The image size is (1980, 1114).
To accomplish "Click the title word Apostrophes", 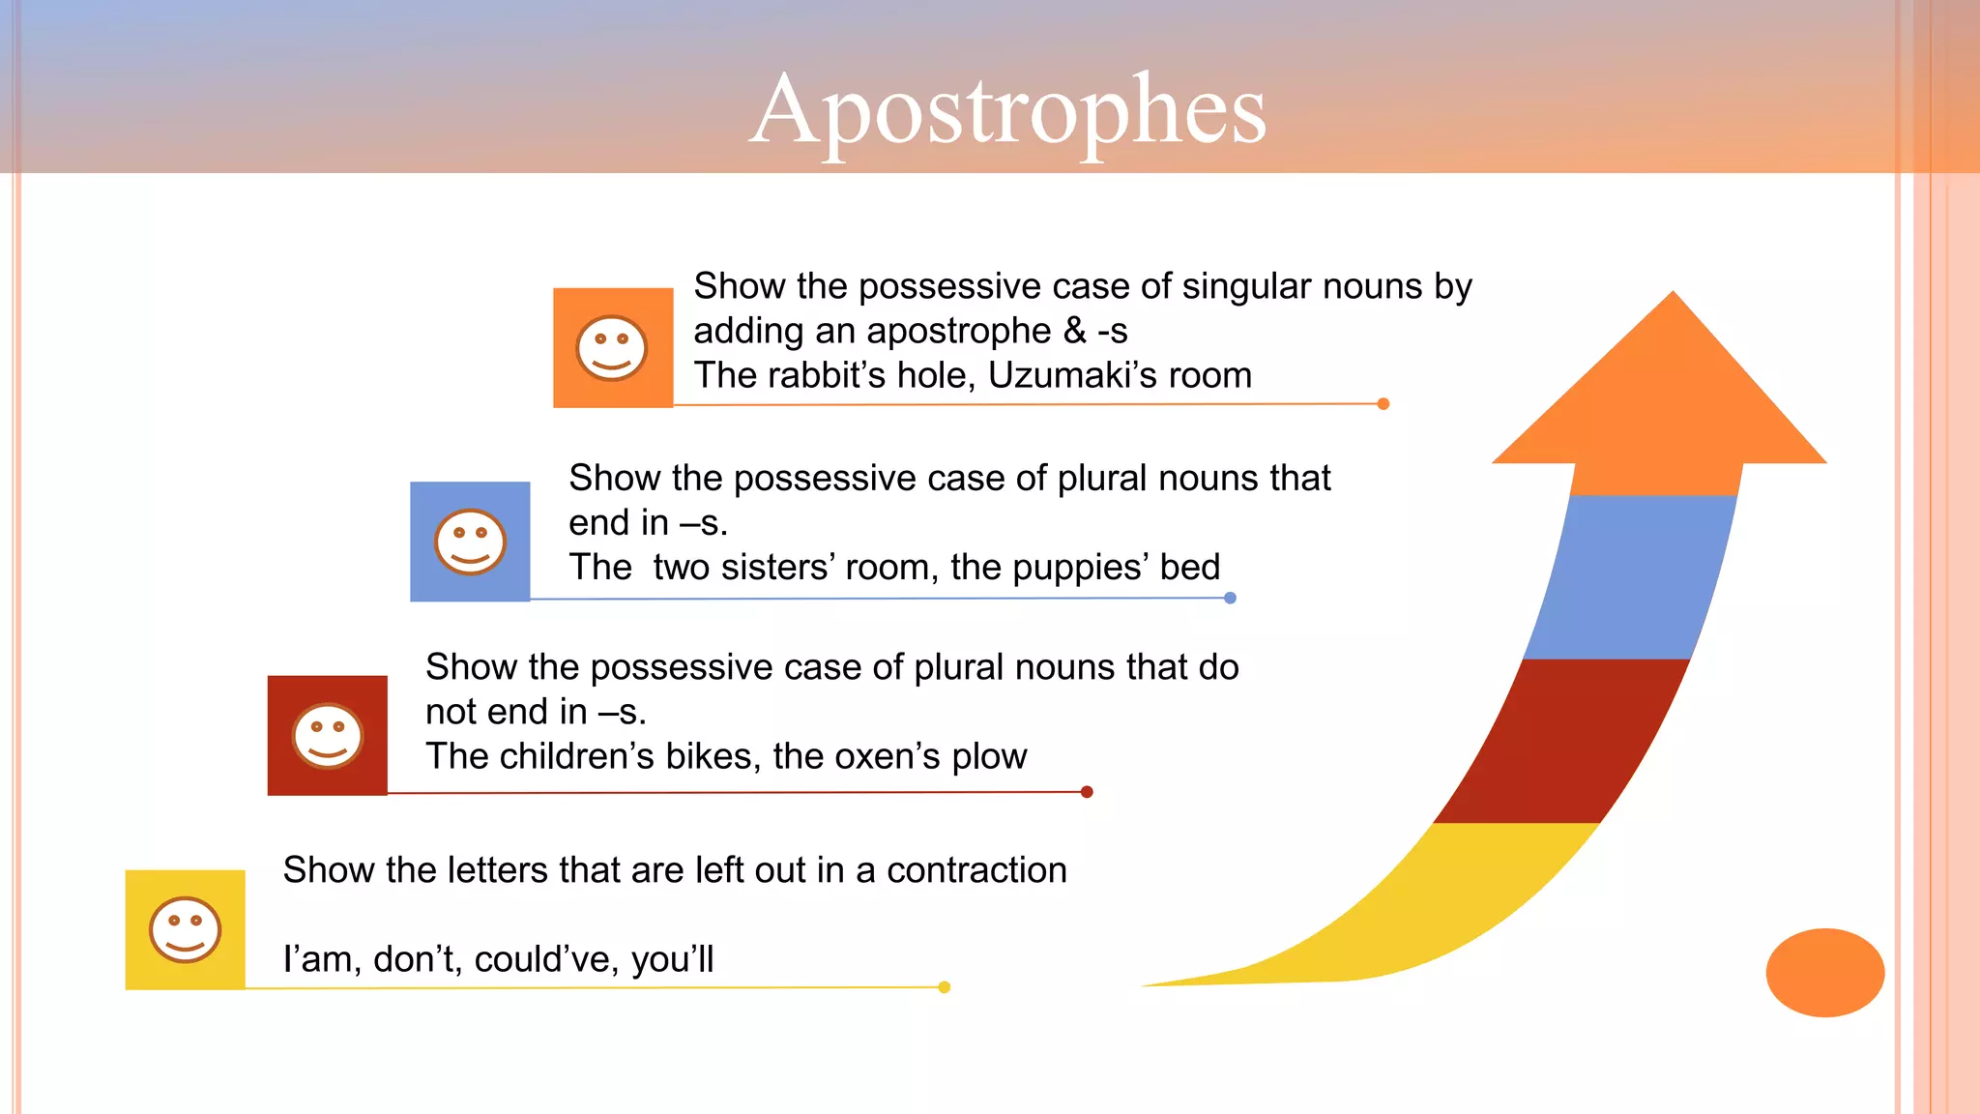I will point(1007,111).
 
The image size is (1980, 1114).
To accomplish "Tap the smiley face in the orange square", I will point(611,348).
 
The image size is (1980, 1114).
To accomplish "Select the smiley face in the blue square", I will point(470,542).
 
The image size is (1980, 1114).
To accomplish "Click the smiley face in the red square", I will point(328,736).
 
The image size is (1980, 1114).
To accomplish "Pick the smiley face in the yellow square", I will point(185,930).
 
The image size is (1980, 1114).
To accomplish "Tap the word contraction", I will point(976,870).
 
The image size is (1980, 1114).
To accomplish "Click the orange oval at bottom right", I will point(1824,972).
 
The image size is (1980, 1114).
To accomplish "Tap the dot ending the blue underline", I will point(1230,598).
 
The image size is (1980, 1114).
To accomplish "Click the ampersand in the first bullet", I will point(1074,331).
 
